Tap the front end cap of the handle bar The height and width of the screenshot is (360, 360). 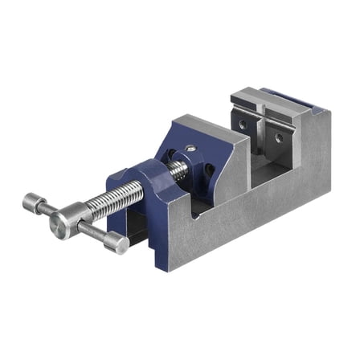117,242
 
